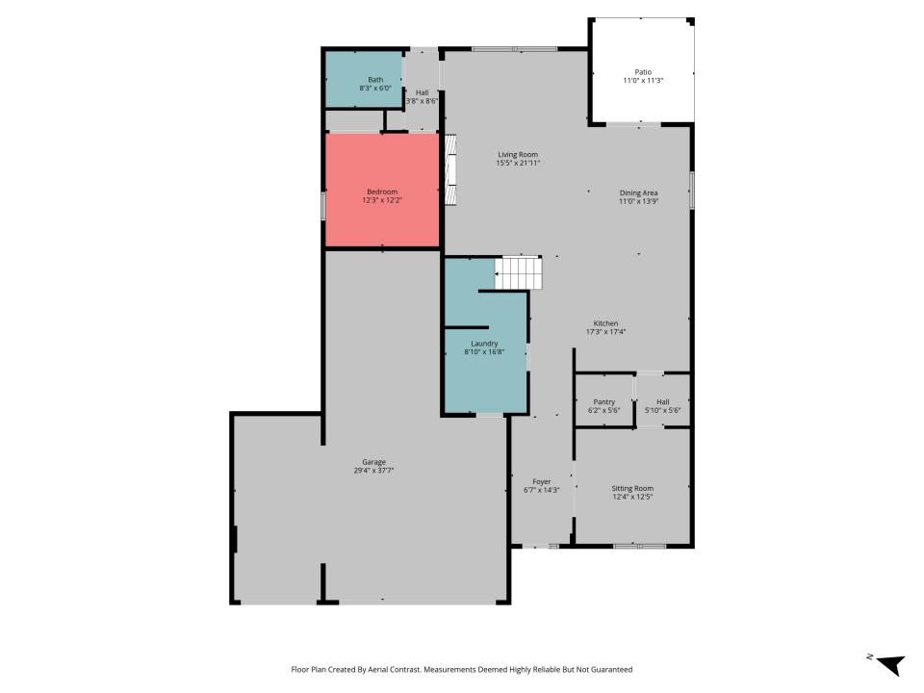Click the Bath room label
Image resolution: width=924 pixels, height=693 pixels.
point(375,80)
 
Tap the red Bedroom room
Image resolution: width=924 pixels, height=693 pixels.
point(382,190)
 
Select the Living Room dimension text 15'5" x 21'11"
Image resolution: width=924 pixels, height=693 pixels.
point(518,164)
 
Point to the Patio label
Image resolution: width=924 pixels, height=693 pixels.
point(643,72)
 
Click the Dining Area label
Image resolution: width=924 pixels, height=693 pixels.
point(638,192)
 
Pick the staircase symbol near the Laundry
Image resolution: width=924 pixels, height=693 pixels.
point(518,272)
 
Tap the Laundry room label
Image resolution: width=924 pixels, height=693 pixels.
point(484,344)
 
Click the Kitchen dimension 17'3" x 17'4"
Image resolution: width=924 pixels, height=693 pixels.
point(605,332)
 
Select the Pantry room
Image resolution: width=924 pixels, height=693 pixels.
point(604,400)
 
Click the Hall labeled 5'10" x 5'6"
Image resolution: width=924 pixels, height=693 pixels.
point(663,400)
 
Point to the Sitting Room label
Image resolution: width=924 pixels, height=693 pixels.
point(632,488)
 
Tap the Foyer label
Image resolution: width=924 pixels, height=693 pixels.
point(542,481)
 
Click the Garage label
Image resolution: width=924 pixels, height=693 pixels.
point(373,462)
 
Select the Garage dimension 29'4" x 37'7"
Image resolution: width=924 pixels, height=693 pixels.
point(373,471)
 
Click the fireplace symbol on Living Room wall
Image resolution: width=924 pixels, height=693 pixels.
point(450,169)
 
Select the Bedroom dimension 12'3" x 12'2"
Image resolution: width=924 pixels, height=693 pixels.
point(382,200)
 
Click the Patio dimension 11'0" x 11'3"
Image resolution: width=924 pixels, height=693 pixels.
point(643,81)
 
